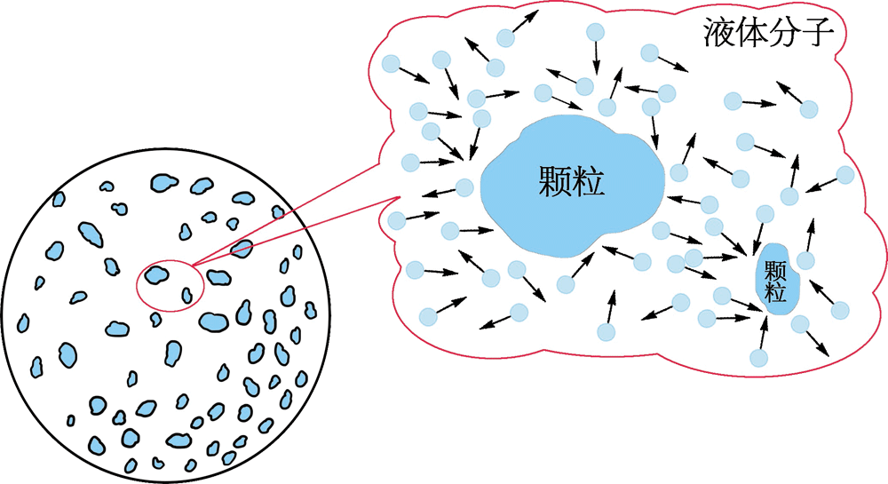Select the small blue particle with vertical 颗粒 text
pos(776,280)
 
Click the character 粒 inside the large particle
pos(590,182)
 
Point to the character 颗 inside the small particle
pos(776,269)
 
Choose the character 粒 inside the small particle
pos(776,290)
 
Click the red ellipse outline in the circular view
pos(137,284)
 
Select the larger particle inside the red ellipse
pos(157,275)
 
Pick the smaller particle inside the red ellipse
pos(186,295)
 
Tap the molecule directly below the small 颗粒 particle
pos(758,357)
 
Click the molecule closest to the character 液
pos(650,53)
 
